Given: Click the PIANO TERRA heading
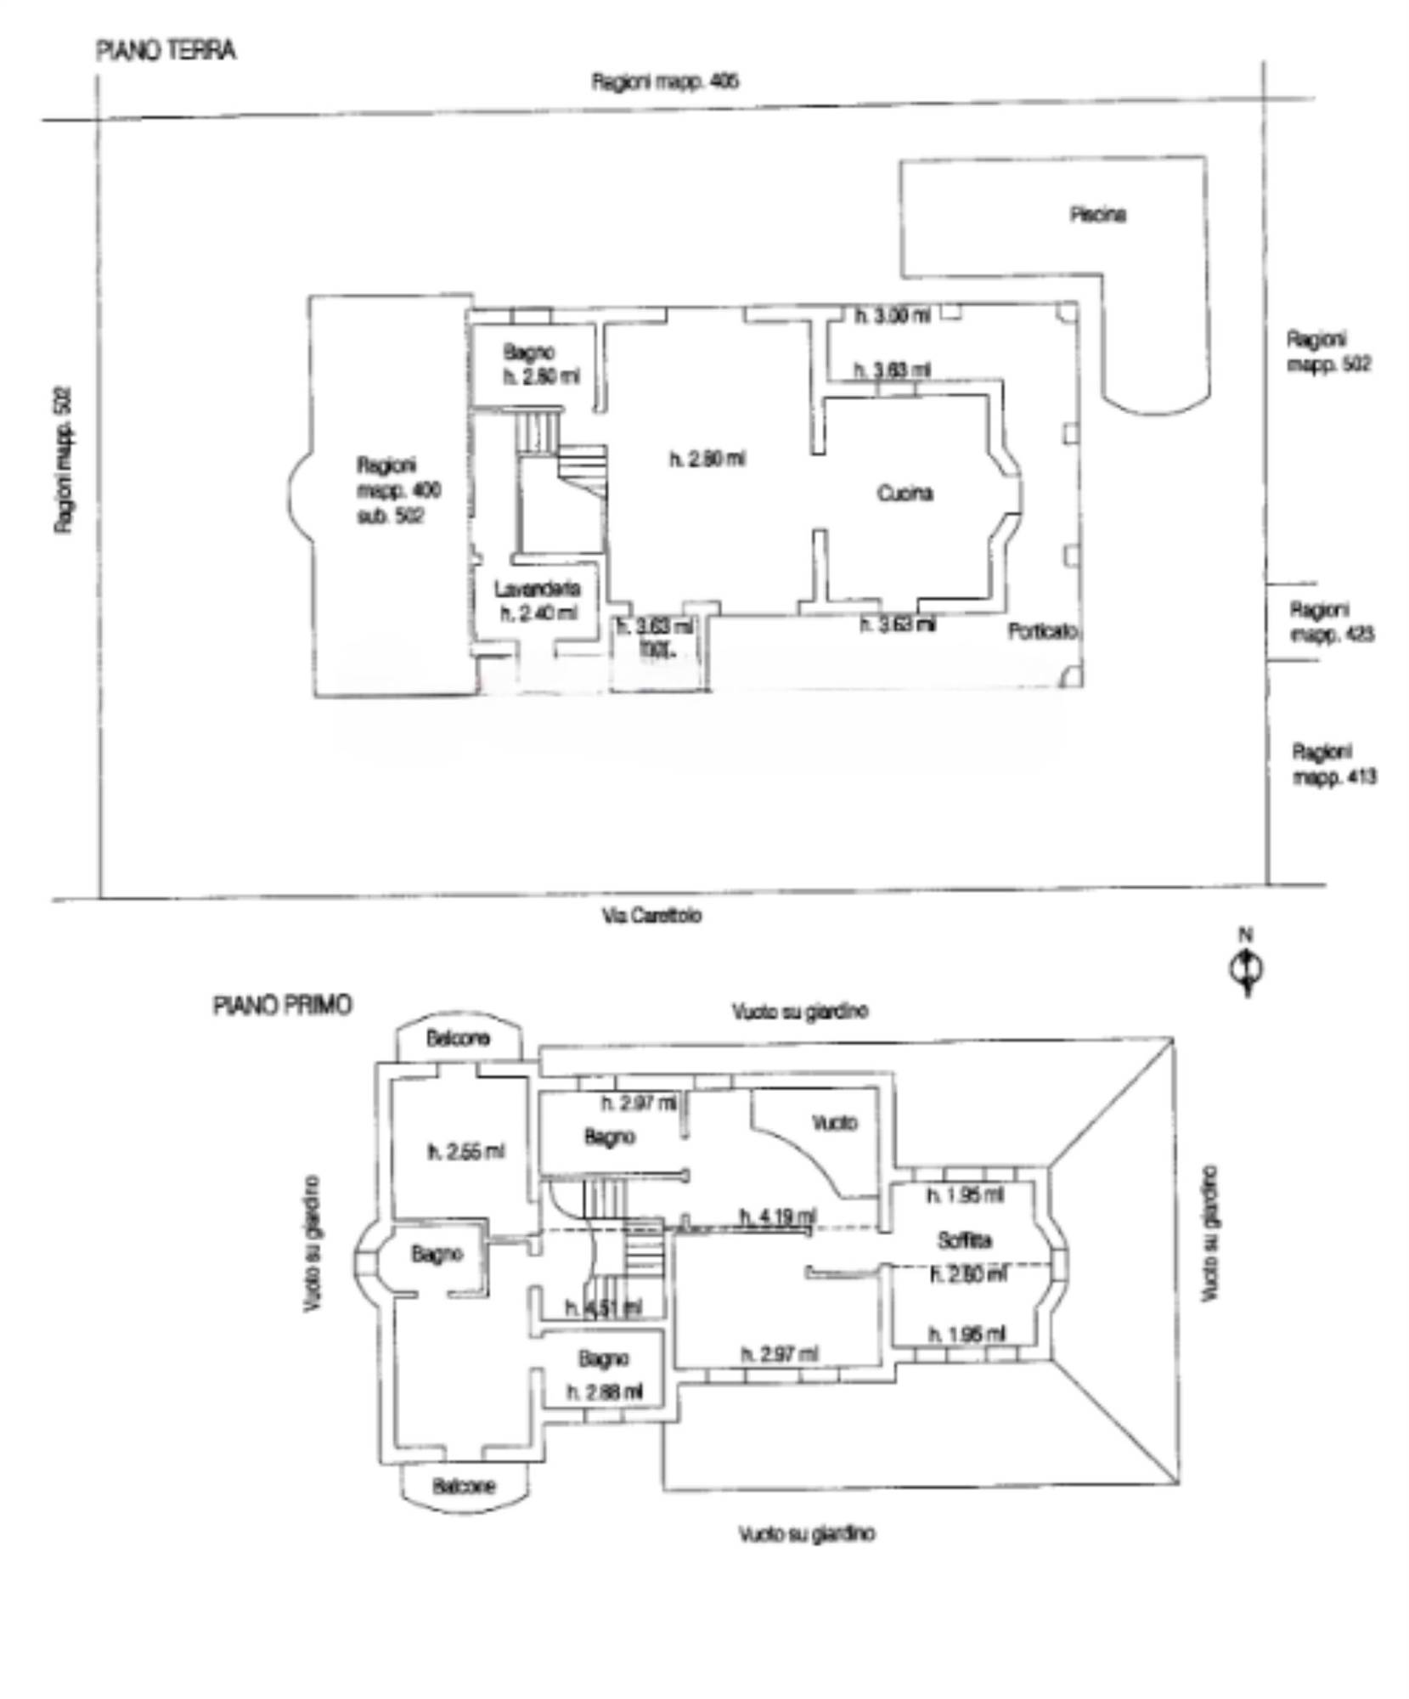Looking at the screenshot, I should [x=166, y=51].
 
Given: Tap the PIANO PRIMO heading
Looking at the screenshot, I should [x=282, y=1006].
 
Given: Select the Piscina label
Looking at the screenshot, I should [x=1097, y=215].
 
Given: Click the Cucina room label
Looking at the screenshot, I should [x=905, y=494].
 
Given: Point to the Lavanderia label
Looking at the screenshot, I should [x=538, y=589].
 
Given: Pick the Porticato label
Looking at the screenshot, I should [x=1043, y=631].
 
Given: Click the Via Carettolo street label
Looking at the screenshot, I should [x=651, y=916].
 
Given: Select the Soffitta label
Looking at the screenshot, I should [x=964, y=1241].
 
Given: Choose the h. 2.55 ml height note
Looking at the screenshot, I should [x=466, y=1152].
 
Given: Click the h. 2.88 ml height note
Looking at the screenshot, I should [x=605, y=1391].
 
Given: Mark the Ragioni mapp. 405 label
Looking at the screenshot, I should [x=665, y=82].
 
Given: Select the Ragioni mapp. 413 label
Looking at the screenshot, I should [x=1333, y=764].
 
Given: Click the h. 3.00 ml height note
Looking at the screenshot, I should [x=892, y=316].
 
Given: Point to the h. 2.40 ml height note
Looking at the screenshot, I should [x=538, y=612].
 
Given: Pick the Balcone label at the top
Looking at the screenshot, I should [x=458, y=1038].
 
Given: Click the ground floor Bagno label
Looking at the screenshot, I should [x=528, y=352].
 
